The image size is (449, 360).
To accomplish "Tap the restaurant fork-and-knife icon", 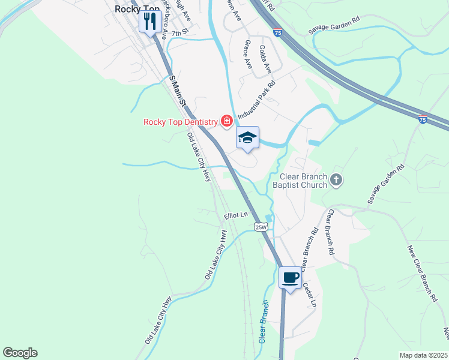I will [x=149, y=21].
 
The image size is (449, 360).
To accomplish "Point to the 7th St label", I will [x=179, y=34].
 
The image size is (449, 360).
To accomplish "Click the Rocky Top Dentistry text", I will [x=180, y=122].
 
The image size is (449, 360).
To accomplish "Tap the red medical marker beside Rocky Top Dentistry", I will [x=227, y=122].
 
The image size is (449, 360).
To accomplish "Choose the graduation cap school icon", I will [x=247, y=137].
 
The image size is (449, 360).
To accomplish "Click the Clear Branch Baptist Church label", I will [x=304, y=181].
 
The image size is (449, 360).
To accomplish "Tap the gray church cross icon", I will [x=336, y=179].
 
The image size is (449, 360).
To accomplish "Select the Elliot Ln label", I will [x=236, y=214].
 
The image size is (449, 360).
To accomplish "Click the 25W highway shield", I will [x=260, y=226].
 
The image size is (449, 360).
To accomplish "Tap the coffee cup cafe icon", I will [x=291, y=277].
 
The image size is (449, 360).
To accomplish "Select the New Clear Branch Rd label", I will [x=421, y=273].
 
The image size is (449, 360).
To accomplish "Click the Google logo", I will [x=20, y=353].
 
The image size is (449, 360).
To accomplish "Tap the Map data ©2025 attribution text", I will [x=423, y=355].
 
